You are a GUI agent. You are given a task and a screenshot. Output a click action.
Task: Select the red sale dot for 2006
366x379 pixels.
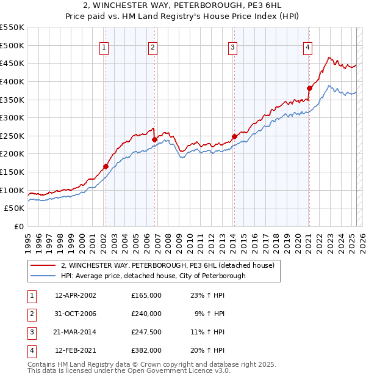(x=154, y=139)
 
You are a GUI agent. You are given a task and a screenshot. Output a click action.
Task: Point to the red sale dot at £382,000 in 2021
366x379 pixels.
(x=309, y=88)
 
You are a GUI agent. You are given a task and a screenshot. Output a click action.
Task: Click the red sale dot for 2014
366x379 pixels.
(x=234, y=137)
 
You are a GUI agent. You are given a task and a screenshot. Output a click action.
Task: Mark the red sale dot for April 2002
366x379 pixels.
(x=106, y=166)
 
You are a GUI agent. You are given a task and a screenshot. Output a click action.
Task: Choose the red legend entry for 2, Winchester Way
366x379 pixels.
(x=168, y=265)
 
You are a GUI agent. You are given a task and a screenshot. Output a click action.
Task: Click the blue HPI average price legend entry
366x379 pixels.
(x=153, y=276)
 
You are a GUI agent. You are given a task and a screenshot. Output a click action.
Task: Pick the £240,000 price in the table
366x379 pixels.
(x=146, y=314)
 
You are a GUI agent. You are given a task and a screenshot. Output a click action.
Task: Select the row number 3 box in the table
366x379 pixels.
(x=30, y=332)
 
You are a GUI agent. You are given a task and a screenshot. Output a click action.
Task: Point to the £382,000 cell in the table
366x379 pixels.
(x=146, y=350)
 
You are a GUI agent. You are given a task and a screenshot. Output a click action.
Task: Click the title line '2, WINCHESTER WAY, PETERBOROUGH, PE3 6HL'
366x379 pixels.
(x=183, y=6)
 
